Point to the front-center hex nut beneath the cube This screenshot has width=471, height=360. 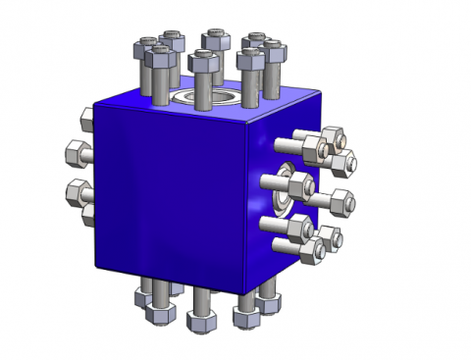pyautogui.click(x=201, y=322)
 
